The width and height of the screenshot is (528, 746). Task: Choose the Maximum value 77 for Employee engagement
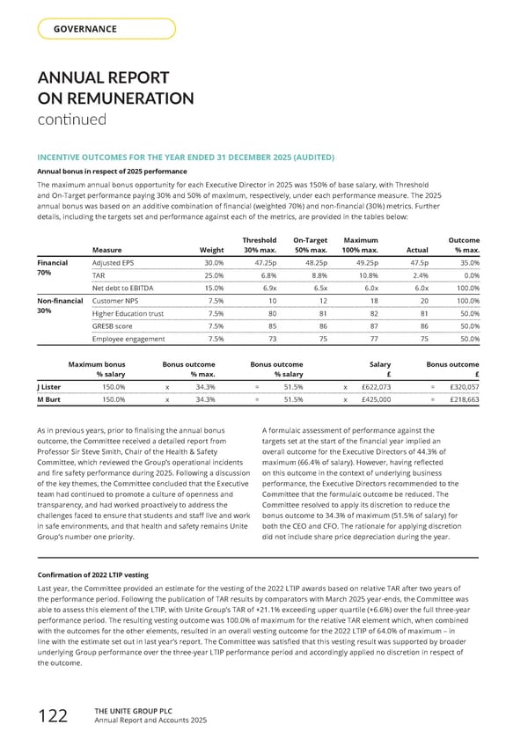point(373,338)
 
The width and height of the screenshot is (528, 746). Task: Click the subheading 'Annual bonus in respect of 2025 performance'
point(111,171)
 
